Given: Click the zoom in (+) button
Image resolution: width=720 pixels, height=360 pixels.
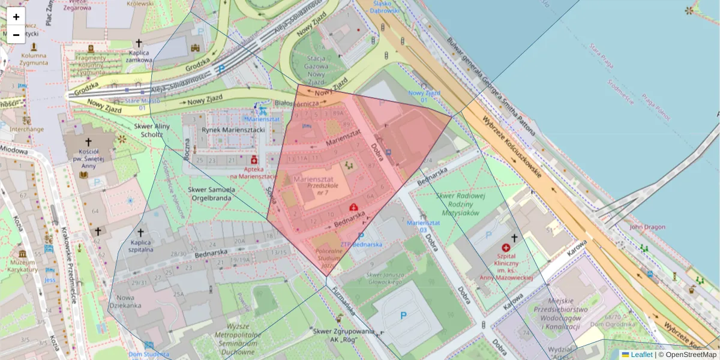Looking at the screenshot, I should click(x=16, y=17).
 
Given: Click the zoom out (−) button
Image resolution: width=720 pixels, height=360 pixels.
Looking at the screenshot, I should click(x=16, y=35).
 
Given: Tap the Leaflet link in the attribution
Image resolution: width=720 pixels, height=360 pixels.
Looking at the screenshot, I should click(x=641, y=355).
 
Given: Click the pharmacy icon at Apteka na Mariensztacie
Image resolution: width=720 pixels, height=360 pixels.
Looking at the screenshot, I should click(x=254, y=160).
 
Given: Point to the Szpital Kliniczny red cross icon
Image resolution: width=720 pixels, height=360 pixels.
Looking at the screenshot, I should click(x=506, y=248).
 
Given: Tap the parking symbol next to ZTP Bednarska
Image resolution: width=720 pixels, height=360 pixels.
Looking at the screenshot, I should click(x=361, y=236).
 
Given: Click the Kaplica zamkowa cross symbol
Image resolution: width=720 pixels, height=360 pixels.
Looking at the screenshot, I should click(x=139, y=43).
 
